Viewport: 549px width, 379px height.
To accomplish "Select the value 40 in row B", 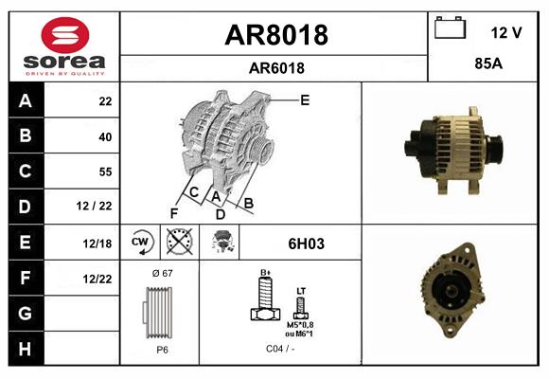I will coord(105,136).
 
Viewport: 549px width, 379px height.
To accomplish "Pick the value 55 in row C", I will coord(105,171).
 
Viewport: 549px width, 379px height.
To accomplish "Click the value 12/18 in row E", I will coord(97,244).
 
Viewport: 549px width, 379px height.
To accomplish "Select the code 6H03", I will coord(306,244).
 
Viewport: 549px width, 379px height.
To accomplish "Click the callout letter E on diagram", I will coord(305,99).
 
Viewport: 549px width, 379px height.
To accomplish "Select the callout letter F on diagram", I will coord(173,213).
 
